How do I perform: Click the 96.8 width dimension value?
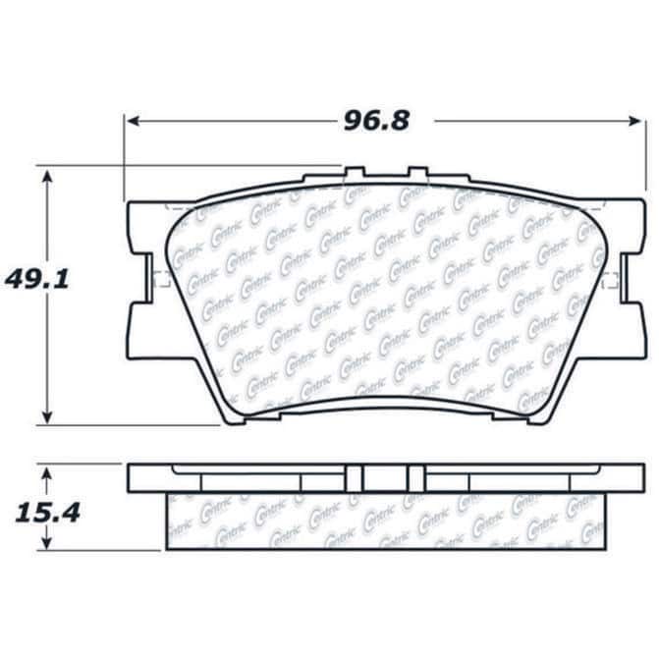pos(376,121)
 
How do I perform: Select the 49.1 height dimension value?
pos(36,279)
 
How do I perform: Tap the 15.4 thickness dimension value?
pos(47,514)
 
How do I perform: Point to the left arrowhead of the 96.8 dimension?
pos(134,122)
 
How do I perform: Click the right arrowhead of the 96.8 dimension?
pos(634,122)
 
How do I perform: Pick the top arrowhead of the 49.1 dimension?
pos(47,177)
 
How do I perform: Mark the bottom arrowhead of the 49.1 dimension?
pos(47,417)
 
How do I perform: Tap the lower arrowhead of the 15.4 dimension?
pos(47,542)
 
